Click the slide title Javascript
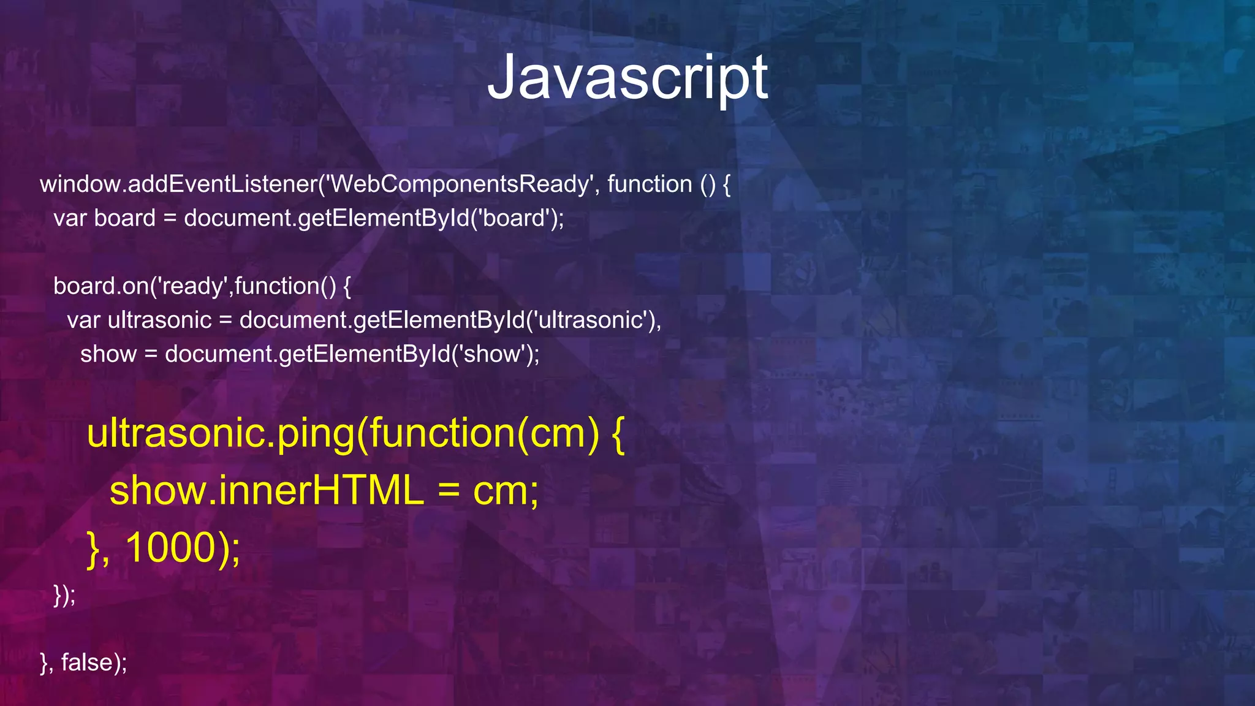point(627,78)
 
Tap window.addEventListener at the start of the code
point(178,184)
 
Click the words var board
point(104,218)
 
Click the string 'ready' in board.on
point(192,286)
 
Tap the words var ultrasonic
point(139,320)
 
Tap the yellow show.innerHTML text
point(266,491)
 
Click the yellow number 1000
point(171,547)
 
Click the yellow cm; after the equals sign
point(505,491)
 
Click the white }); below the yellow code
point(64,594)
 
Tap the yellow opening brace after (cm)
point(617,434)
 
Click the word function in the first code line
point(649,184)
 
